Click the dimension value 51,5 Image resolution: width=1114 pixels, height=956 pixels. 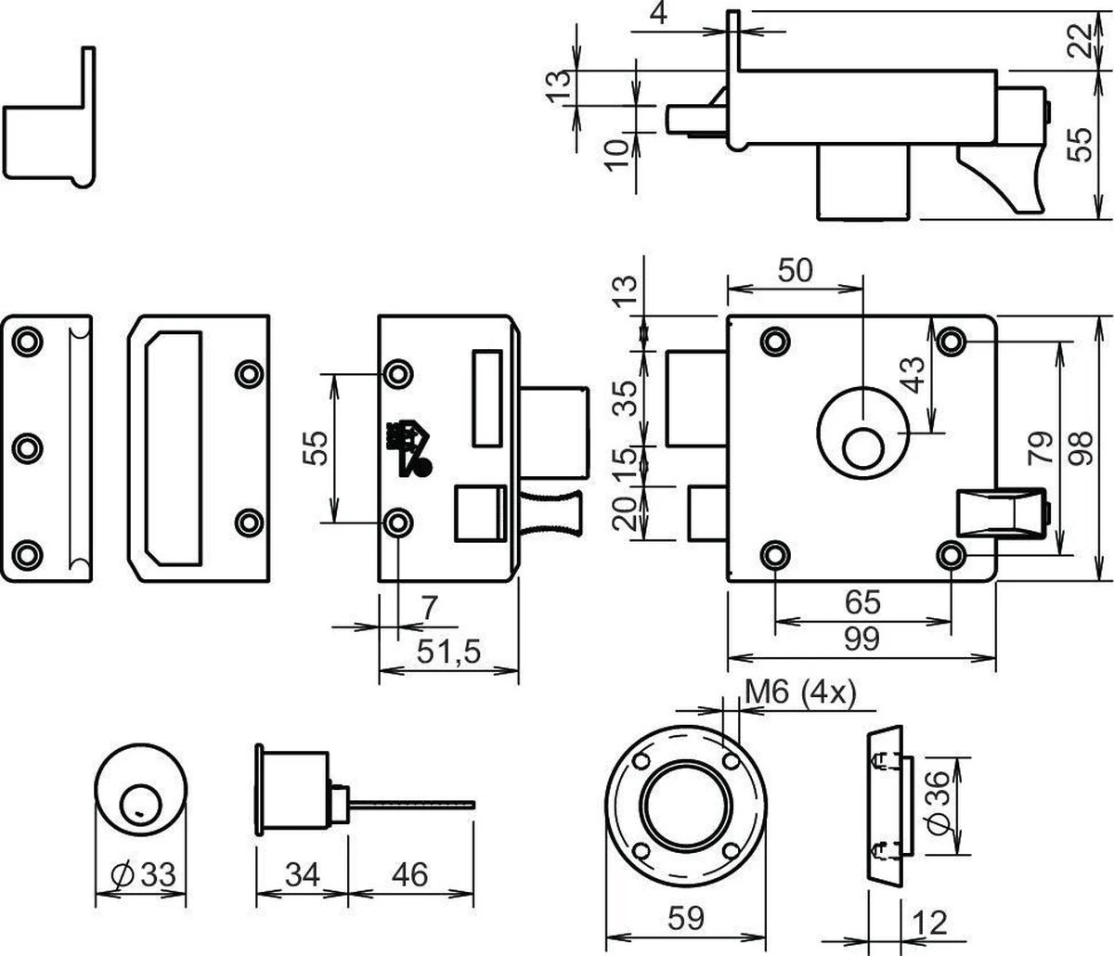447,653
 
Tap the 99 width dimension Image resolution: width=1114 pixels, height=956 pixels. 861,639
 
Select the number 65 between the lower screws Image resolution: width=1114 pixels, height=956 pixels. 861,602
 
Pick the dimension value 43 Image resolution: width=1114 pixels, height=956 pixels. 914,374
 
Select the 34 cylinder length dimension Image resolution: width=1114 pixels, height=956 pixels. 301,873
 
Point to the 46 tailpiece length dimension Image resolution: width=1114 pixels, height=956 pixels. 409,873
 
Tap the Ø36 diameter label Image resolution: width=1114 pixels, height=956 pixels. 939,805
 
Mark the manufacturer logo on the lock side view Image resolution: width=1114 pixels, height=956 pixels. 406,448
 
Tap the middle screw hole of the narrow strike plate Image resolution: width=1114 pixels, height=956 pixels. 27,448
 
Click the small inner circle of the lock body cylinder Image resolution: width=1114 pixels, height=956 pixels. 862,447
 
